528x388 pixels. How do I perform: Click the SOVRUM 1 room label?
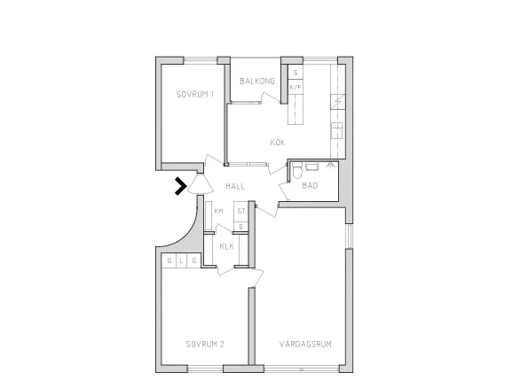point(195,94)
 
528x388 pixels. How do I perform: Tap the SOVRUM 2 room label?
point(205,344)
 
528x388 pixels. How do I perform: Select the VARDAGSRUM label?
point(305,344)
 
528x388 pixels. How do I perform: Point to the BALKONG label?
point(257,81)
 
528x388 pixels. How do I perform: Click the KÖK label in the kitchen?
point(278,143)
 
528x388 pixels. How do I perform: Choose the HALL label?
point(235,186)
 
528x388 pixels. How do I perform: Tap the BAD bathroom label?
point(310,185)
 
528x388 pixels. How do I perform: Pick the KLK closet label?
point(226,246)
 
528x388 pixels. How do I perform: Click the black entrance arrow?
point(180,186)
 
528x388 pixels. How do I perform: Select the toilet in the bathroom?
point(297,170)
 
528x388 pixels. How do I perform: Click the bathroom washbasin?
point(312,166)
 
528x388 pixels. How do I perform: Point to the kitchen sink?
point(336,130)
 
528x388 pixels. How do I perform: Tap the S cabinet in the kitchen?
point(296,73)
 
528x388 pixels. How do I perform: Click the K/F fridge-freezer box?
point(296,88)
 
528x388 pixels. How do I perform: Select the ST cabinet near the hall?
point(241,211)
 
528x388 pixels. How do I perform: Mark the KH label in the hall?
point(218,211)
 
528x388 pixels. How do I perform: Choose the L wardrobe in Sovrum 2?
point(182,260)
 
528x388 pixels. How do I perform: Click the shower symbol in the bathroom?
point(330,165)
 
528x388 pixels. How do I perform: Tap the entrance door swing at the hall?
point(201,185)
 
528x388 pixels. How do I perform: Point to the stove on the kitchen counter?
point(338,102)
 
